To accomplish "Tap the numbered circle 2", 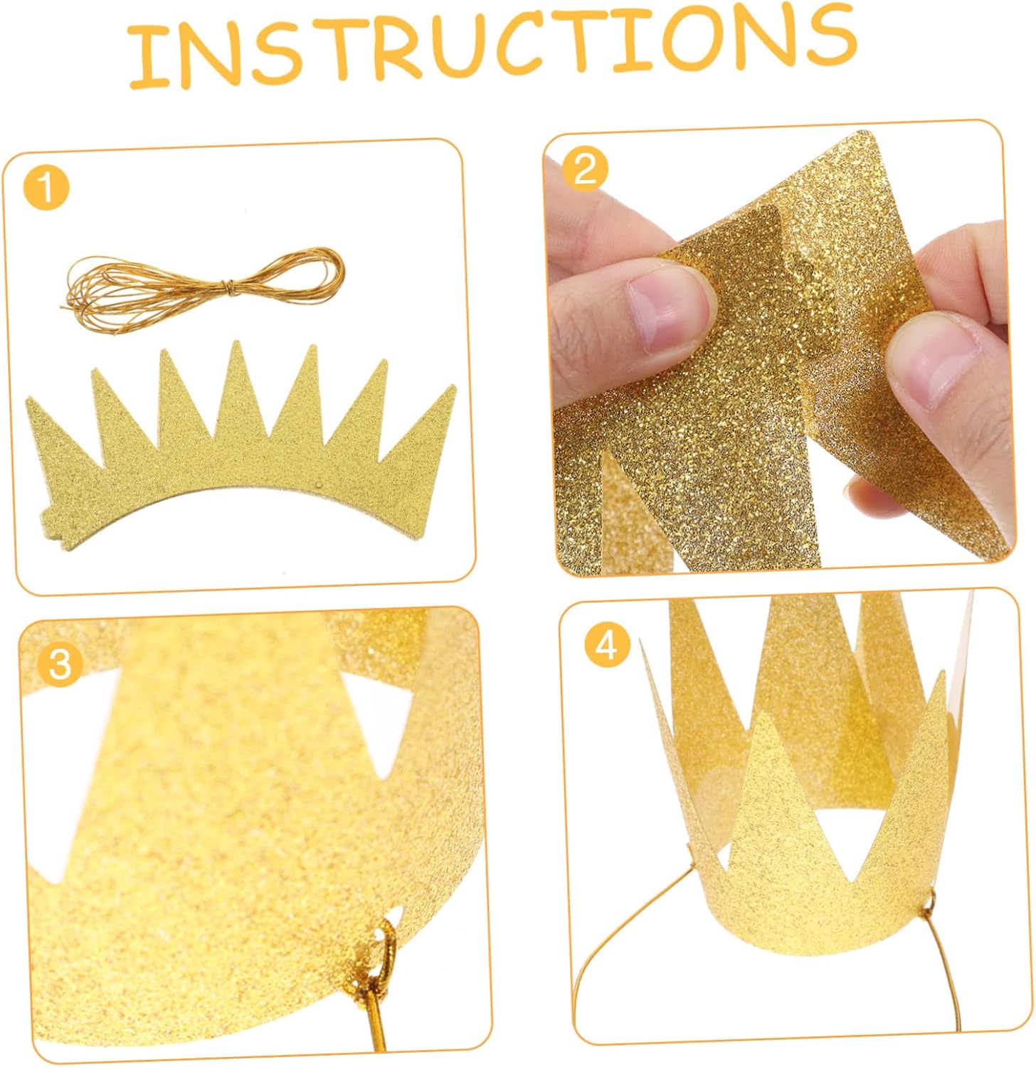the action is click(585, 170).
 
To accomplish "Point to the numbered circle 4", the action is click(607, 646).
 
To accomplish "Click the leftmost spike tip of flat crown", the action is click(27, 400).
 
